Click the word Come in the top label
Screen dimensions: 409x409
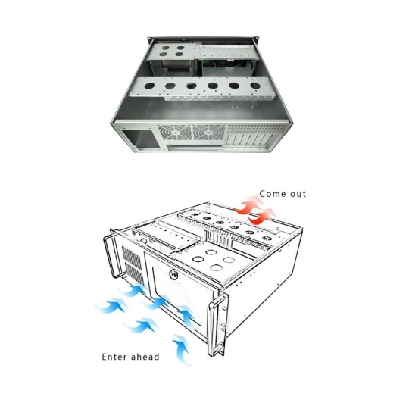270,194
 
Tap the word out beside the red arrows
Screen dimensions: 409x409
298,194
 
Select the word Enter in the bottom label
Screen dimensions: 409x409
113,357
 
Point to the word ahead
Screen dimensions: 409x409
144,356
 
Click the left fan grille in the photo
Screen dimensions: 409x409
175,133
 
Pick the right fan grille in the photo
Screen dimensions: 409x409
209,133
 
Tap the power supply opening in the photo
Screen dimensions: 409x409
140,139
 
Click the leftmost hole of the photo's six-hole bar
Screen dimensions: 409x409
150,86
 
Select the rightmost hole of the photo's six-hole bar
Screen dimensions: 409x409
255,86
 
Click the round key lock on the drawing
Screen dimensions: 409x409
173,274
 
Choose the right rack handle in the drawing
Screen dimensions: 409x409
217,325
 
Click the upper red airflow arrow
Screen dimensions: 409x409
250,205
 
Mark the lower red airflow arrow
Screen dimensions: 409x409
262,216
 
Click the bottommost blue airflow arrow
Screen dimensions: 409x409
182,349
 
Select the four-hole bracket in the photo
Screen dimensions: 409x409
171,52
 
